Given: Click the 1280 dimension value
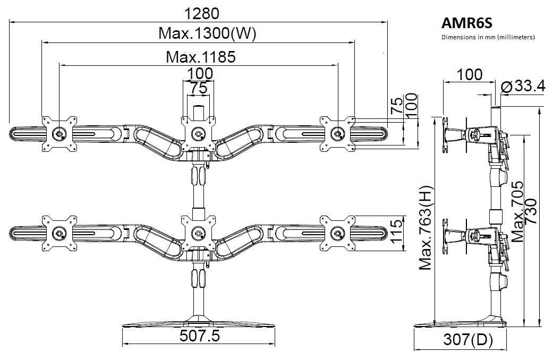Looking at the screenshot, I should [x=200, y=12].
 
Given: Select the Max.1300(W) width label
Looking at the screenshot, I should [x=207, y=34].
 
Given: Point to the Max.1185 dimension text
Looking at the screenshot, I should [x=200, y=56].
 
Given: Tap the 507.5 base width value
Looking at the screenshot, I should [x=200, y=336].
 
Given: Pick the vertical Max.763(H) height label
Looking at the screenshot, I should [x=426, y=228].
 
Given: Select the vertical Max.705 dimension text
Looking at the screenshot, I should [x=517, y=212].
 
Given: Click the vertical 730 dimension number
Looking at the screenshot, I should [x=532, y=212].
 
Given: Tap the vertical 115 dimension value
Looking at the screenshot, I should [x=396, y=232].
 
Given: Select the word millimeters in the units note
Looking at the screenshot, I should [x=515, y=37].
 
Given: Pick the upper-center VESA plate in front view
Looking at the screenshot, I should [x=199, y=133].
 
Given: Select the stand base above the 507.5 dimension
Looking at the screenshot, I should [x=199, y=321].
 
